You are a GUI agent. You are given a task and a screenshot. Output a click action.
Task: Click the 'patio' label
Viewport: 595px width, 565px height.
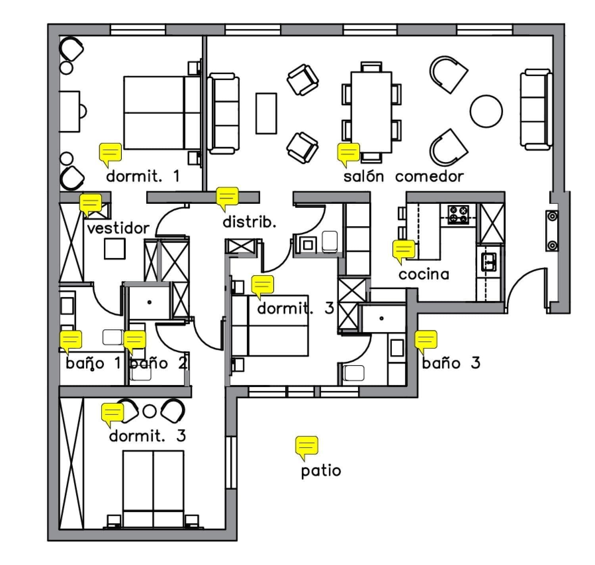click(321, 471)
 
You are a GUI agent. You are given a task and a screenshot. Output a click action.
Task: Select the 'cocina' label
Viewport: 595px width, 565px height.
click(424, 274)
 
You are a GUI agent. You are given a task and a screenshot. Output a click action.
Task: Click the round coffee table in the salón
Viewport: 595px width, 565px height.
click(486, 111)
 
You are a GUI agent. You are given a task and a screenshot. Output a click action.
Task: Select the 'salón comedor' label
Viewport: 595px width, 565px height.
click(403, 176)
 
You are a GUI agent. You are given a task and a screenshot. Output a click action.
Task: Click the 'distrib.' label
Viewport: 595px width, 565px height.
click(249, 222)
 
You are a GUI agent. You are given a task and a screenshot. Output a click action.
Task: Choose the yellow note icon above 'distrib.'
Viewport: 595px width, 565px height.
click(227, 197)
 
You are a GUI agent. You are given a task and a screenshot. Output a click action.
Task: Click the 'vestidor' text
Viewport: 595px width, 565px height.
click(118, 228)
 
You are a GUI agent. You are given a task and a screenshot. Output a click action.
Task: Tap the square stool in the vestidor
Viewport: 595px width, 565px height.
click(115, 249)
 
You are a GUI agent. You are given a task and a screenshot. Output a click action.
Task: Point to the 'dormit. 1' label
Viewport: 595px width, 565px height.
click(143, 176)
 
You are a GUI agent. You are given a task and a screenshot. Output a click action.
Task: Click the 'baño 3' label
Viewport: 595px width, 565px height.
click(451, 363)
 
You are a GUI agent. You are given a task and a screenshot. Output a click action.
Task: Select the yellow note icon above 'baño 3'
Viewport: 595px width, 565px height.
click(426, 340)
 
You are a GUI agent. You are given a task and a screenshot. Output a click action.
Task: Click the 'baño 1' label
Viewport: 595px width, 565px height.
click(93, 363)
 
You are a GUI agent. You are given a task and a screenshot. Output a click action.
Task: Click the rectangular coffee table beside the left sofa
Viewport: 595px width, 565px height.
click(266, 113)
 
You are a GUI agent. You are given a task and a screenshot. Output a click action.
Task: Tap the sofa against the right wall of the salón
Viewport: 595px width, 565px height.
click(536, 110)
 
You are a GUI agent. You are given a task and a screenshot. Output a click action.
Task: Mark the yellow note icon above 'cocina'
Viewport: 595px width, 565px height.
click(404, 250)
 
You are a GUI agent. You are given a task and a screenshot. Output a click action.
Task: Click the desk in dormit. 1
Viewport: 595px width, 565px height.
click(69, 112)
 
